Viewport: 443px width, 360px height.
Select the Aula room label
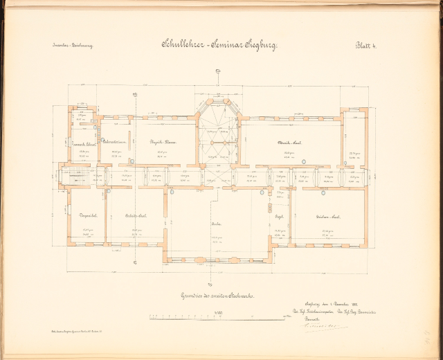[x=217, y=224]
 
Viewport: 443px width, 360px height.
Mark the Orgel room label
[x=278, y=217]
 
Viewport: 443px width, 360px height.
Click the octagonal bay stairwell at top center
[x=217, y=132]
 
